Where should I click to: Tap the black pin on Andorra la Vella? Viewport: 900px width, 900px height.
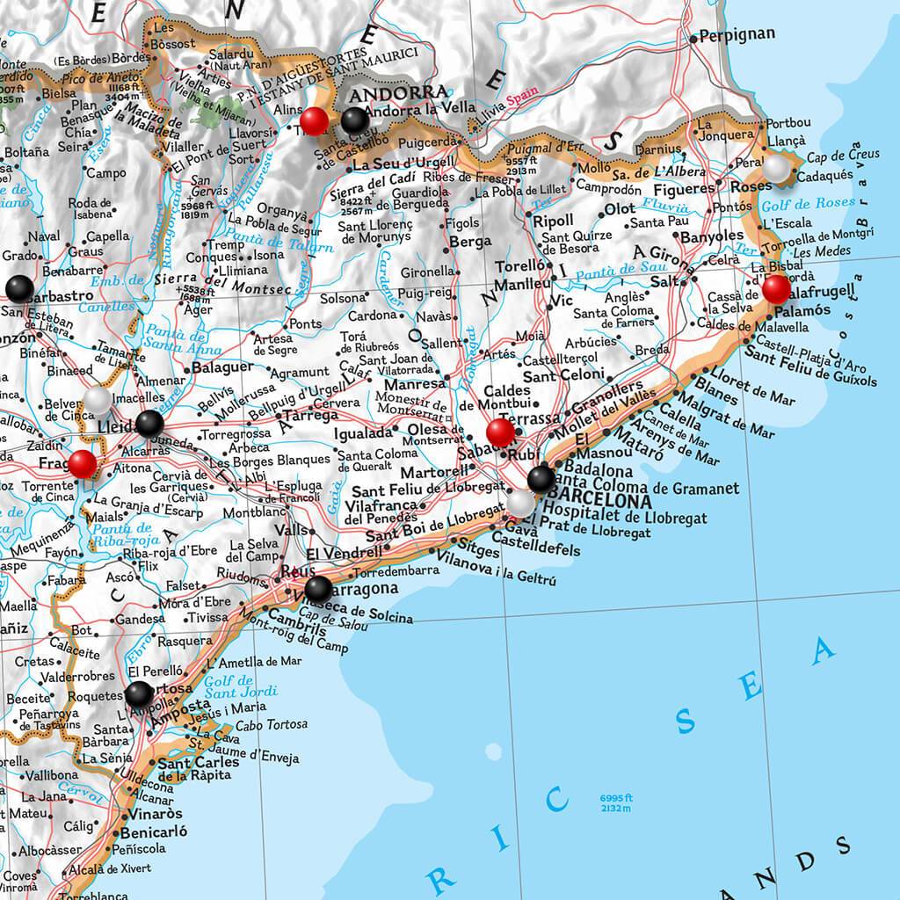coord(354,120)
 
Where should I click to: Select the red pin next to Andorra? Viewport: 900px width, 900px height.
coord(314,120)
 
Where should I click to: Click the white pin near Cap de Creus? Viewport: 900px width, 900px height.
coord(777,167)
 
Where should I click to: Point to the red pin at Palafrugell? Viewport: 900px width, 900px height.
coord(776,288)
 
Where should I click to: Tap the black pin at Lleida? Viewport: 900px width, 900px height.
coord(149,423)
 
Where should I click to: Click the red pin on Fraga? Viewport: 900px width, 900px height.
coord(83,462)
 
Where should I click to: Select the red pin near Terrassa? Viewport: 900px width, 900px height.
coord(501,432)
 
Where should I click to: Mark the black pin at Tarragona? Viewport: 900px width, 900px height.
coord(318,588)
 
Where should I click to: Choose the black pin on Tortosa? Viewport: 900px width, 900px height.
coord(139,694)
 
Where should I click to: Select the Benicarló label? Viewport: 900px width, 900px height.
coord(155,831)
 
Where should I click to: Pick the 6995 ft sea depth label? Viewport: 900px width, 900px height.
coord(617,798)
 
